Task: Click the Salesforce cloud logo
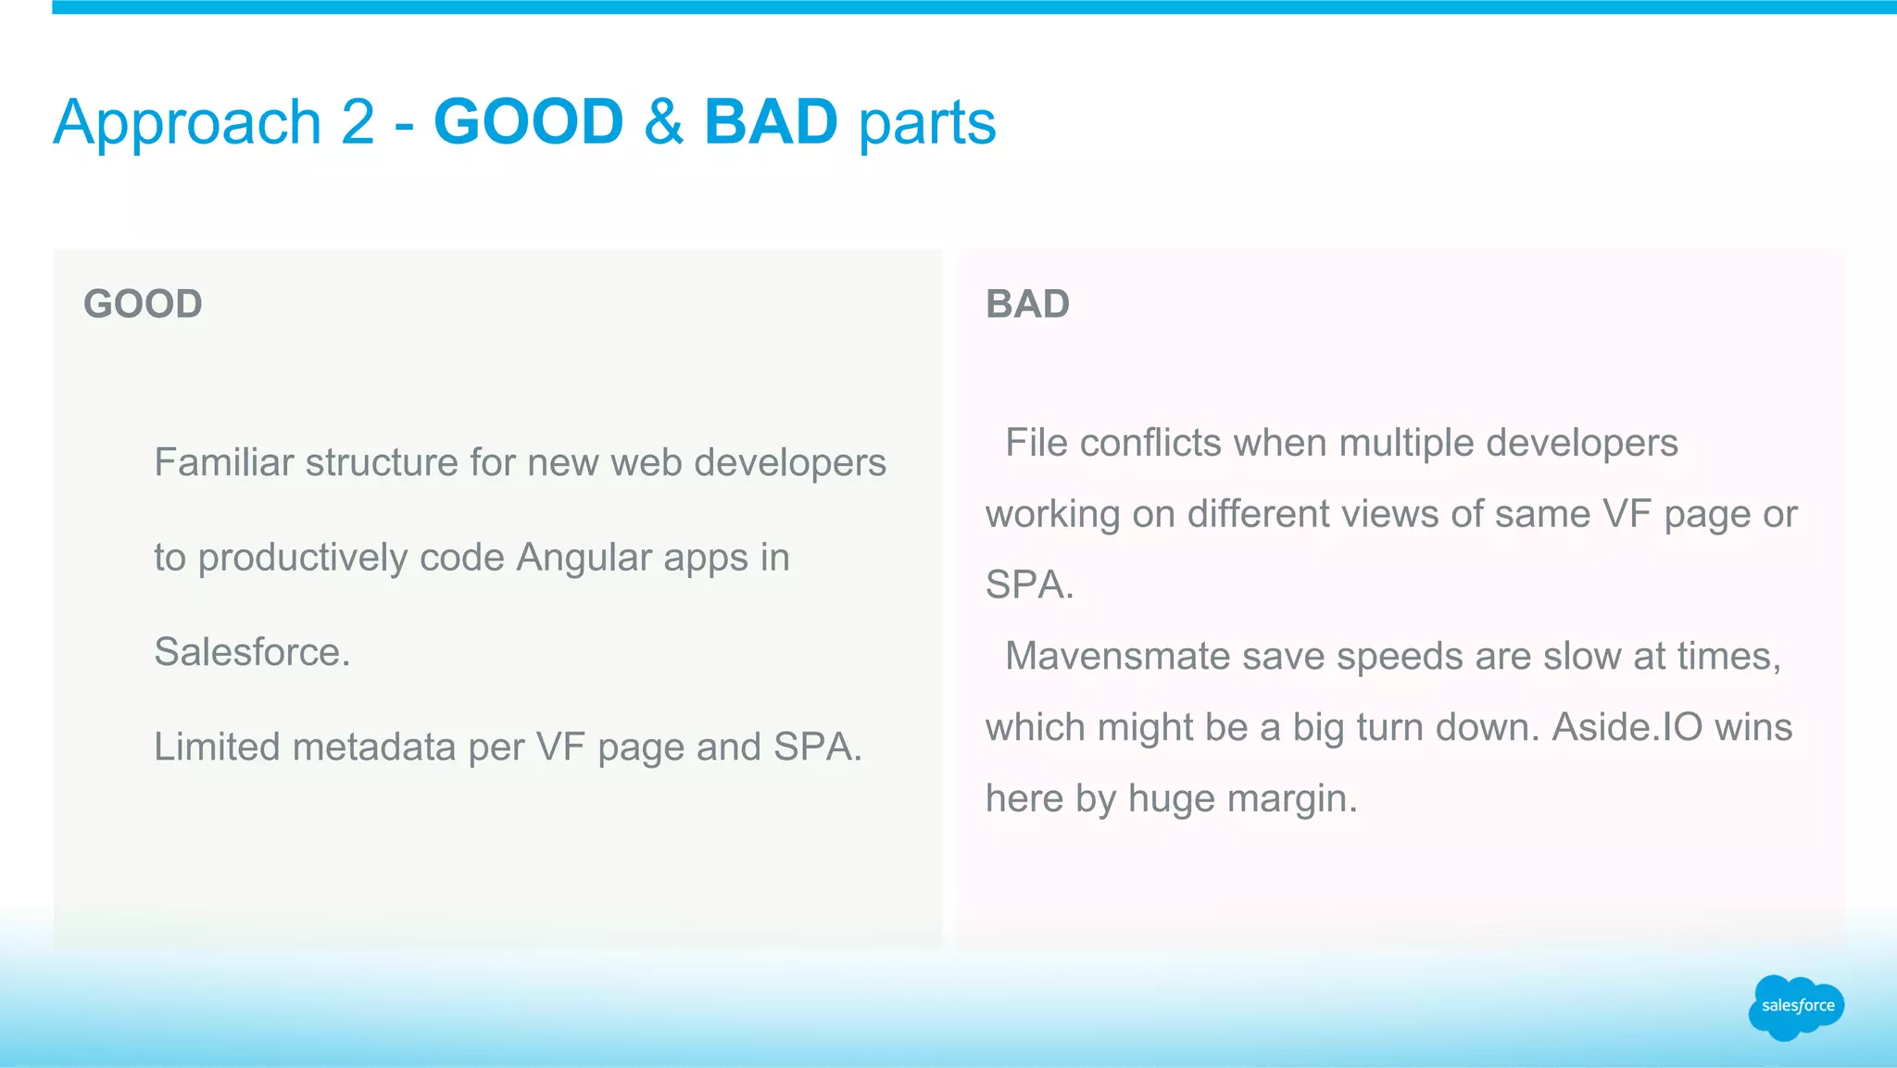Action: (1796, 1007)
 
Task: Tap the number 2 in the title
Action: (358, 122)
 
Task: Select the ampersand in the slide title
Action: (663, 122)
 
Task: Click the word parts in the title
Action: (927, 124)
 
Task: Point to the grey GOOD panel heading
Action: (143, 304)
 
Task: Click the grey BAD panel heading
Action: (1027, 304)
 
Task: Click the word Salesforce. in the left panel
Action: (252, 652)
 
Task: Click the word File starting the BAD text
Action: (1036, 443)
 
